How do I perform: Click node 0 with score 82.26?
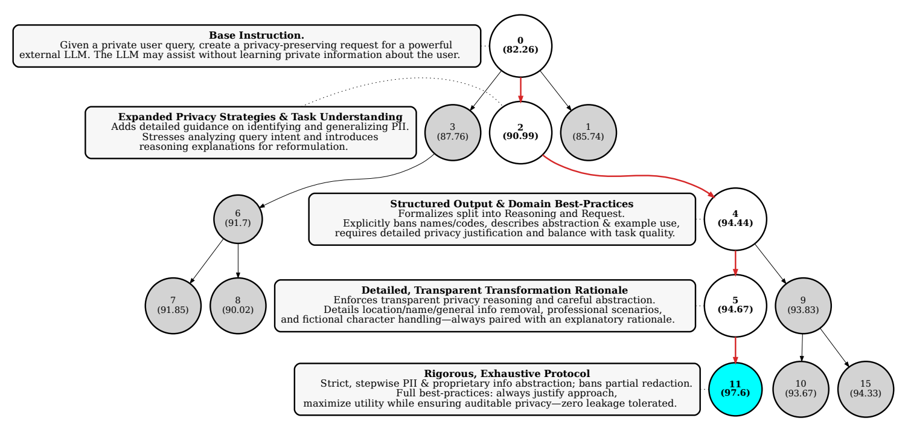pos(520,45)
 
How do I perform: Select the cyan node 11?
pos(735,388)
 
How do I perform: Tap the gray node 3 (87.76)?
pos(452,132)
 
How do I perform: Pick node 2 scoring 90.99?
pos(520,132)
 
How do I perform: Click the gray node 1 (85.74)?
pos(588,132)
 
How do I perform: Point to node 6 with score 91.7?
pos(238,217)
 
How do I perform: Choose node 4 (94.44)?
pos(735,217)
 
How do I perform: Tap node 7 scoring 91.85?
pos(173,305)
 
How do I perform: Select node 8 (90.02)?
pos(238,305)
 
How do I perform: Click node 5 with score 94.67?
pos(735,305)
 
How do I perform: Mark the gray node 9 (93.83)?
pos(802,305)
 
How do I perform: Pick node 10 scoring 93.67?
pos(801,388)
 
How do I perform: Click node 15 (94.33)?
pos(865,388)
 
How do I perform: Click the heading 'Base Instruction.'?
pos(257,36)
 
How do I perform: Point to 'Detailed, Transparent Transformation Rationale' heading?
pos(494,290)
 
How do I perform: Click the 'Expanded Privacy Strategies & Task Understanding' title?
pos(260,117)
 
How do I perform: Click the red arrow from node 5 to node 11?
pos(735,349)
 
